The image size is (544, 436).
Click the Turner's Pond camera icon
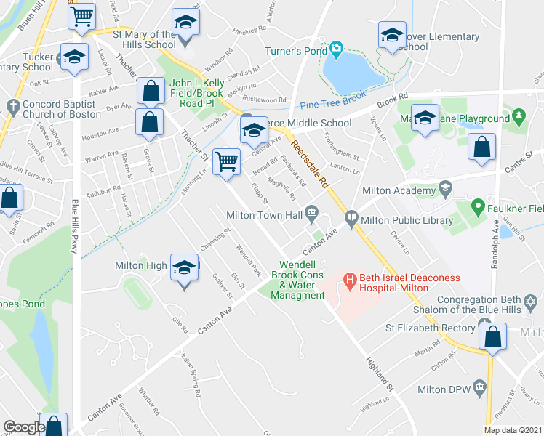click(x=335, y=49)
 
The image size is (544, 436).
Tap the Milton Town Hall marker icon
click(x=312, y=212)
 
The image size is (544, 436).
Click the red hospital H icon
click(x=349, y=279)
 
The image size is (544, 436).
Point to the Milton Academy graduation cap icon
click(x=444, y=190)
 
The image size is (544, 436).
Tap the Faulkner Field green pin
click(x=478, y=207)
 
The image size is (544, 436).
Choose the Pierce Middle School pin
click(x=252, y=132)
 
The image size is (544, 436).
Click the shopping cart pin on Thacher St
click(x=227, y=162)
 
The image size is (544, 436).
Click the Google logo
click(x=23, y=427)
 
